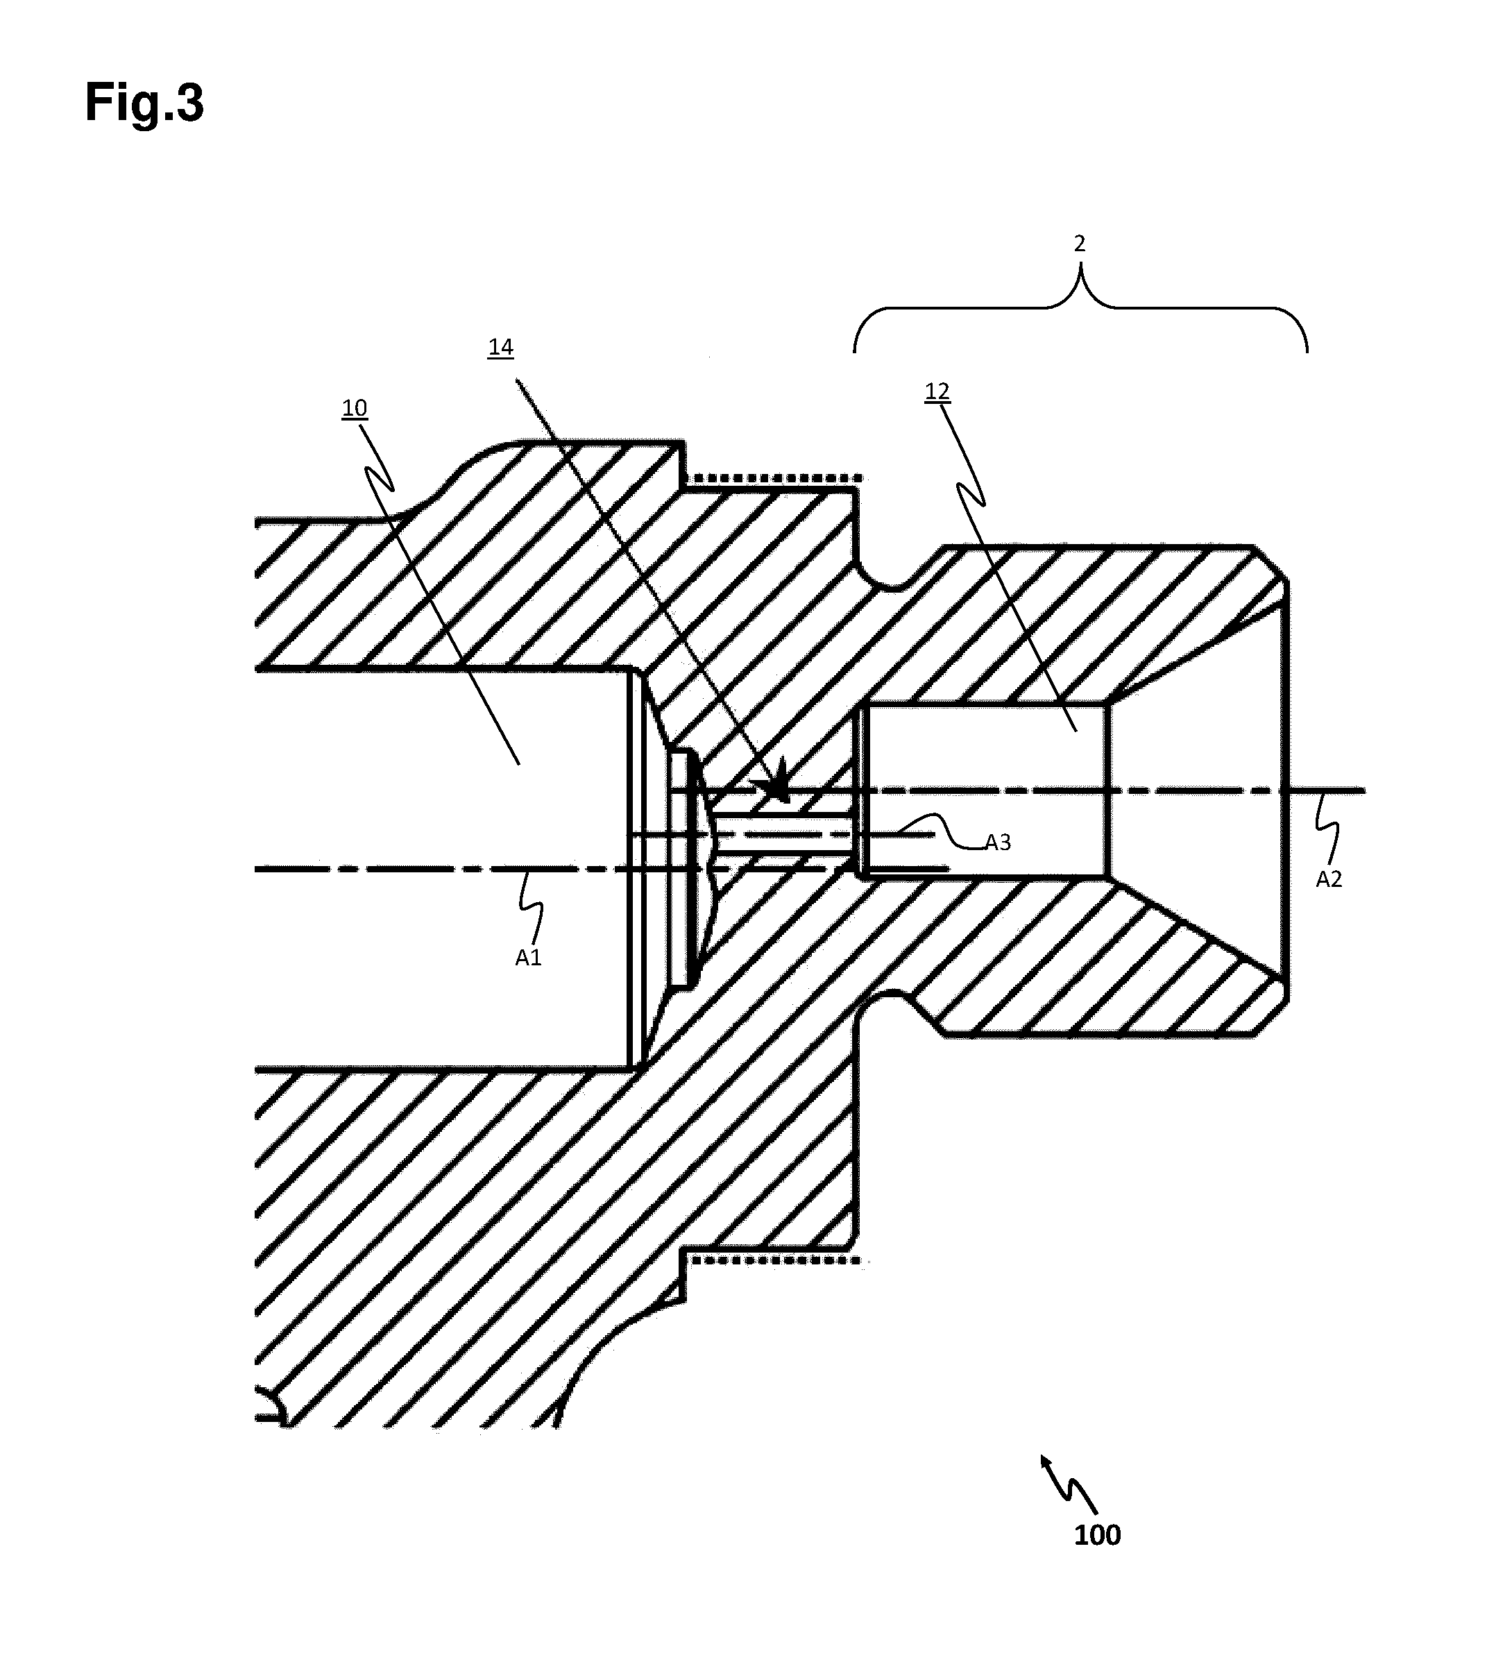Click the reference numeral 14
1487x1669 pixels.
tap(500, 347)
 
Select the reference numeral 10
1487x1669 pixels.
tap(354, 407)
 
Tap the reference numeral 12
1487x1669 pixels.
tap(937, 391)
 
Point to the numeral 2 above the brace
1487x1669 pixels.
tap(1079, 244)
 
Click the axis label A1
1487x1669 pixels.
tap(529, 956)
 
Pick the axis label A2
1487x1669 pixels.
tap(1329, 879)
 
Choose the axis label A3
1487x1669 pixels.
tap(998, 842)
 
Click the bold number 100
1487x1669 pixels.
tap(1097, 1536)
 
